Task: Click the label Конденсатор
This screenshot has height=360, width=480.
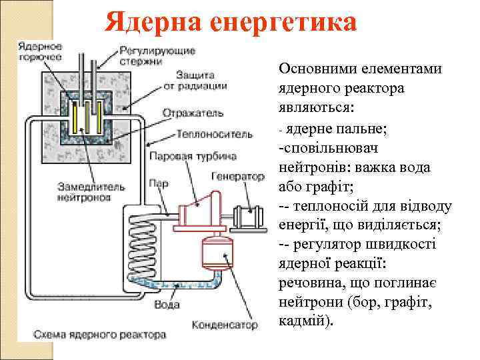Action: coord(225,325)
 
